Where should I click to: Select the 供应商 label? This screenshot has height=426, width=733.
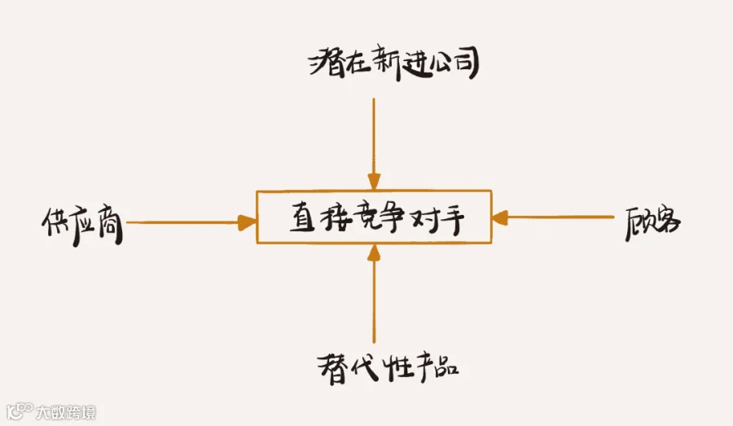pos(81,222)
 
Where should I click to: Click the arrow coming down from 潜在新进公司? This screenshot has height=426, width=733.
pos(374,138)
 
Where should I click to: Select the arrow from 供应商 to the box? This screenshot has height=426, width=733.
pos(187,222)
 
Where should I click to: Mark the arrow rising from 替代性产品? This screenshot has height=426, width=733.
pos(374,297)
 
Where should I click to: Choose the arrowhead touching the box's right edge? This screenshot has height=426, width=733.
pos(500,217)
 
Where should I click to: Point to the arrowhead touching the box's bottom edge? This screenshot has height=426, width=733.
pos(374,252)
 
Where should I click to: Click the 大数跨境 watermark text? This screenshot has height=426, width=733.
pos(66,412)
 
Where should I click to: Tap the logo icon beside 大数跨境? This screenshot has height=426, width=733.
pos(18,411)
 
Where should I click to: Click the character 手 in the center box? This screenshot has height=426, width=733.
pos(455,217)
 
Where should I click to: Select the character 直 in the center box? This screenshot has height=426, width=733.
pos(302,218)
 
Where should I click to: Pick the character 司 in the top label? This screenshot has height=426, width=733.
pos(465,64)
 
